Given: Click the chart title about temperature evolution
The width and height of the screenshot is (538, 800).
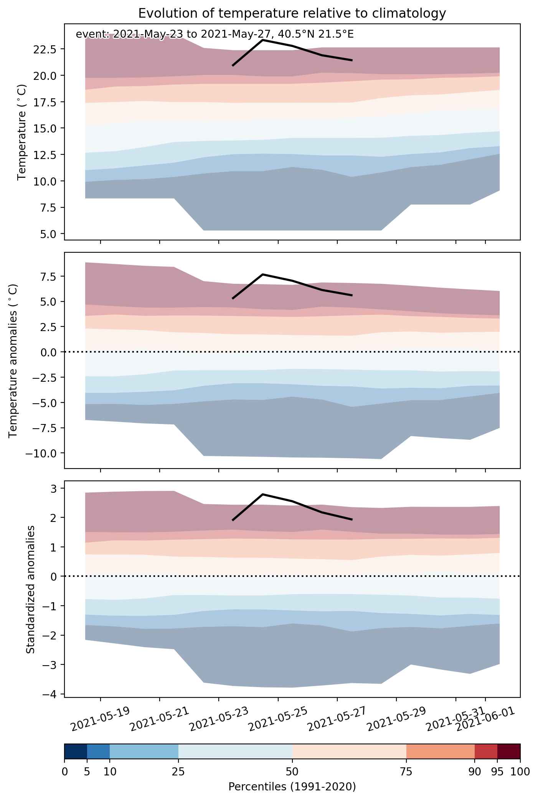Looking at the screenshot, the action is pos(292,13).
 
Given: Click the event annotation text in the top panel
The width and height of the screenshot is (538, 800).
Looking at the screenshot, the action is pos(215,35).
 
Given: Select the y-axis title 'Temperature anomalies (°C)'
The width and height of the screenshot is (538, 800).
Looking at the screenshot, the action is pos(13,360).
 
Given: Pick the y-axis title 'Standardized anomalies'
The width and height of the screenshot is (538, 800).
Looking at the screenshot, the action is pos(31,589).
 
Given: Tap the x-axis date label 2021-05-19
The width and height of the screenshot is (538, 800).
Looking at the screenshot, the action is pos(101,717).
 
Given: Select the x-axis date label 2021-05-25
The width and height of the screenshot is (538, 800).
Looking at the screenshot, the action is pos(278,717).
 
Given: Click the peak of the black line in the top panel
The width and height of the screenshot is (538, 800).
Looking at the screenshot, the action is pos(262,40).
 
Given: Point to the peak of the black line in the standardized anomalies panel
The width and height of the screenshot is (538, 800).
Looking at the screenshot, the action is pos(262,494).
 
